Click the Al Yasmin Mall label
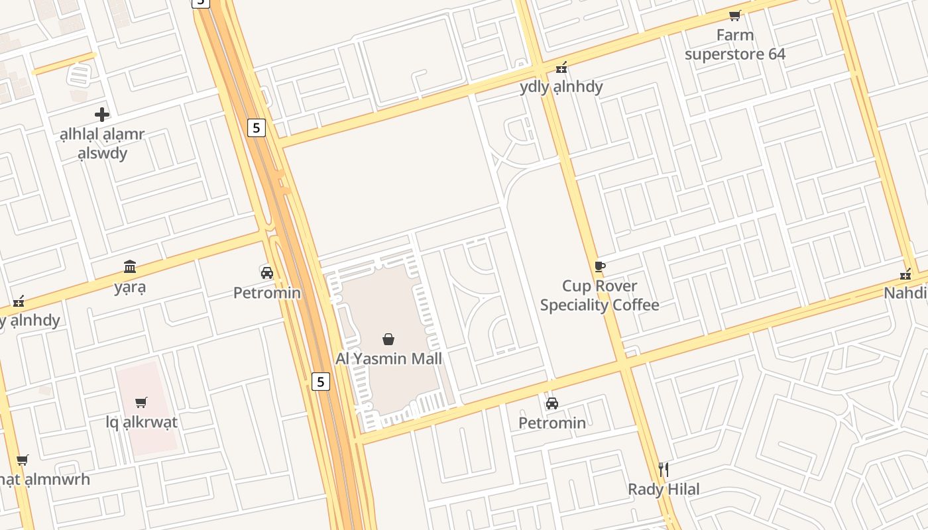[x=388, y=358]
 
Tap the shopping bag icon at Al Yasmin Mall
[x=388, y=340]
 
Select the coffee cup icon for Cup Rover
[x=599, y=266]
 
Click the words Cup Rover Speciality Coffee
[x=599, y=295]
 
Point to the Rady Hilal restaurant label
[x=664, y=490]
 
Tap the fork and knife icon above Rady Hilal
[x=664, y=470]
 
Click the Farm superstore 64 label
[x=734, y=44]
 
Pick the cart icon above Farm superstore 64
[x=734, y=15]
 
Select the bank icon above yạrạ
[x=130, y=267]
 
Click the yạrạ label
[x=130, y=287]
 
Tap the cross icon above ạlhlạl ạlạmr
[x=102, y=115]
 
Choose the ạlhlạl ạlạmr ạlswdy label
[x=102, y=144]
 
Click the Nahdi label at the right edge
[x=907, y=293]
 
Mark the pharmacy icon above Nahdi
[x=905, y=274]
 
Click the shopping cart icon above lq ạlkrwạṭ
[x=141, y=402]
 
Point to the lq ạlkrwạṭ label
[x=141, y=422]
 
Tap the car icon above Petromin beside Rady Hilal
[x=551, y=403]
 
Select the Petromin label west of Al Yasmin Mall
[x=267, y=293]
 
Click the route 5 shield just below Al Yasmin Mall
[x=321, y=382]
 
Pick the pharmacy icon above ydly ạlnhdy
[x=561, y=67]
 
